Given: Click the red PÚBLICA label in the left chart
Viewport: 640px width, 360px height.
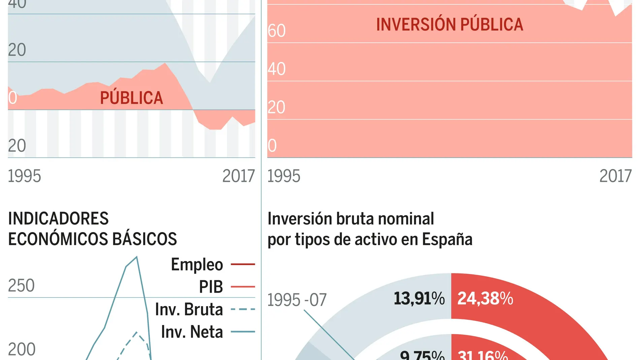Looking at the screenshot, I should [x=131, y=98].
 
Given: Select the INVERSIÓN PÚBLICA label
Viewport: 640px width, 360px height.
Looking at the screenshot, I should [x=449, y=25].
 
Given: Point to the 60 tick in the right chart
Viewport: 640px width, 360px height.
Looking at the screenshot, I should [x=277, y=31].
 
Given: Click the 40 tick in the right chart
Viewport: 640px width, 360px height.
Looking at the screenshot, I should [x=277, y=69].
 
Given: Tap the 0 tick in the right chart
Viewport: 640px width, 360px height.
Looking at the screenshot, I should [x=272, y=146].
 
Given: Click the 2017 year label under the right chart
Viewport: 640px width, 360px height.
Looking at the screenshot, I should [x=615, y=176].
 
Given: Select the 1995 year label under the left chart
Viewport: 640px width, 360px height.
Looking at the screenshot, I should [x=24, y=176].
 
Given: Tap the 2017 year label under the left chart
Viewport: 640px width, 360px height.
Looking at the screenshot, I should [x=238, y=176].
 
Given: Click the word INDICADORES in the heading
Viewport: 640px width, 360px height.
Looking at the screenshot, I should [x=58, y=219].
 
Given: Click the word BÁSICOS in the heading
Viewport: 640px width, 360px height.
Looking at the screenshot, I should [x=145, y=239].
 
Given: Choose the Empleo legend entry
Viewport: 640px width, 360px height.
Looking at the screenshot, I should [x=197, y=264].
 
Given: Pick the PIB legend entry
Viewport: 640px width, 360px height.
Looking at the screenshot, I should [x=211, y=287].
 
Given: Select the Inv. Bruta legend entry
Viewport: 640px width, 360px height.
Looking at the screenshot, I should [x=189, y=309].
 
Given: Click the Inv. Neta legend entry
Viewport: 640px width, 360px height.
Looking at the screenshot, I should [x=192, y=332].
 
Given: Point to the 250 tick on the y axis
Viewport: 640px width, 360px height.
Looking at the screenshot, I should [x=21, y=286].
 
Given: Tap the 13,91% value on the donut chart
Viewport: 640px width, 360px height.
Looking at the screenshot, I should [x=419, y=298].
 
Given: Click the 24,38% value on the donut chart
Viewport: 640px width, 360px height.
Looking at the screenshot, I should [x=485, y=298].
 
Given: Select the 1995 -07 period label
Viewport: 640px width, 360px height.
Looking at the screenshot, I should [x=297, y=300].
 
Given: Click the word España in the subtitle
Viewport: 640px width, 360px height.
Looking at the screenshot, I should [x=447, y=239].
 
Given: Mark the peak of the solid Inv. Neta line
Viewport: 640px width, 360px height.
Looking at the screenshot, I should [x=136, y=257].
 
